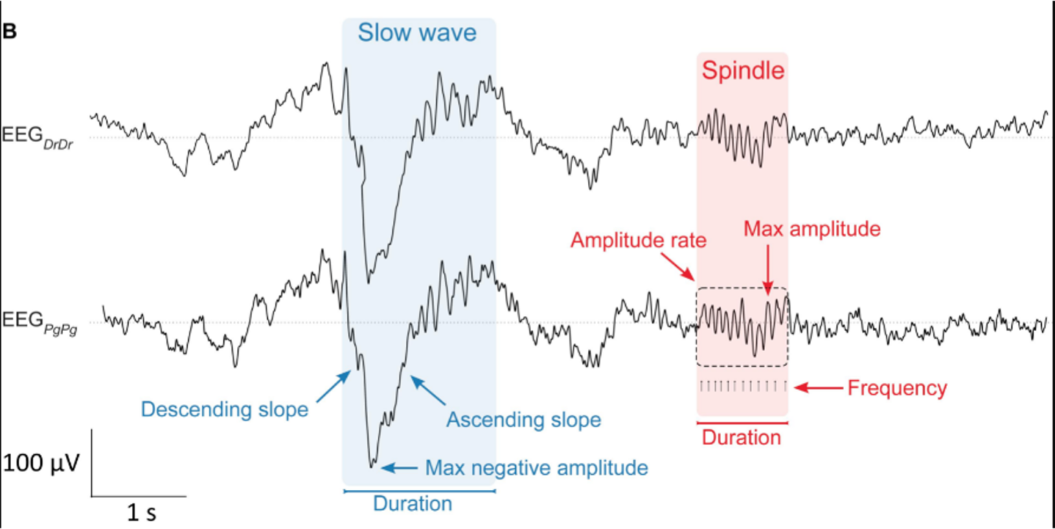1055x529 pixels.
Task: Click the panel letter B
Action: (9, 31)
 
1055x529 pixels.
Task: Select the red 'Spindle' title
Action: (742, 70)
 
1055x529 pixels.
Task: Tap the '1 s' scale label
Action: (141, 513)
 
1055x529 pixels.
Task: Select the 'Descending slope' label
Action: (225, 409)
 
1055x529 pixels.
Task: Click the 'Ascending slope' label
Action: (523, 419)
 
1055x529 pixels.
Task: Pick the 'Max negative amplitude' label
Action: (536, 468)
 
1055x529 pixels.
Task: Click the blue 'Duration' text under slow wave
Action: (412, 504)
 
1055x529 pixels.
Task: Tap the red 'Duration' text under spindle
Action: (741, 438)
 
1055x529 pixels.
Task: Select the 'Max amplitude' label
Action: (812, 229)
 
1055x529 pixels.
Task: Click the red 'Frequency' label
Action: (897, 388)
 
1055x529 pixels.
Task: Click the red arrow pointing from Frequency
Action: (818, 388)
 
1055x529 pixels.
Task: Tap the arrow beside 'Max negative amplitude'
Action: (399, 468)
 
